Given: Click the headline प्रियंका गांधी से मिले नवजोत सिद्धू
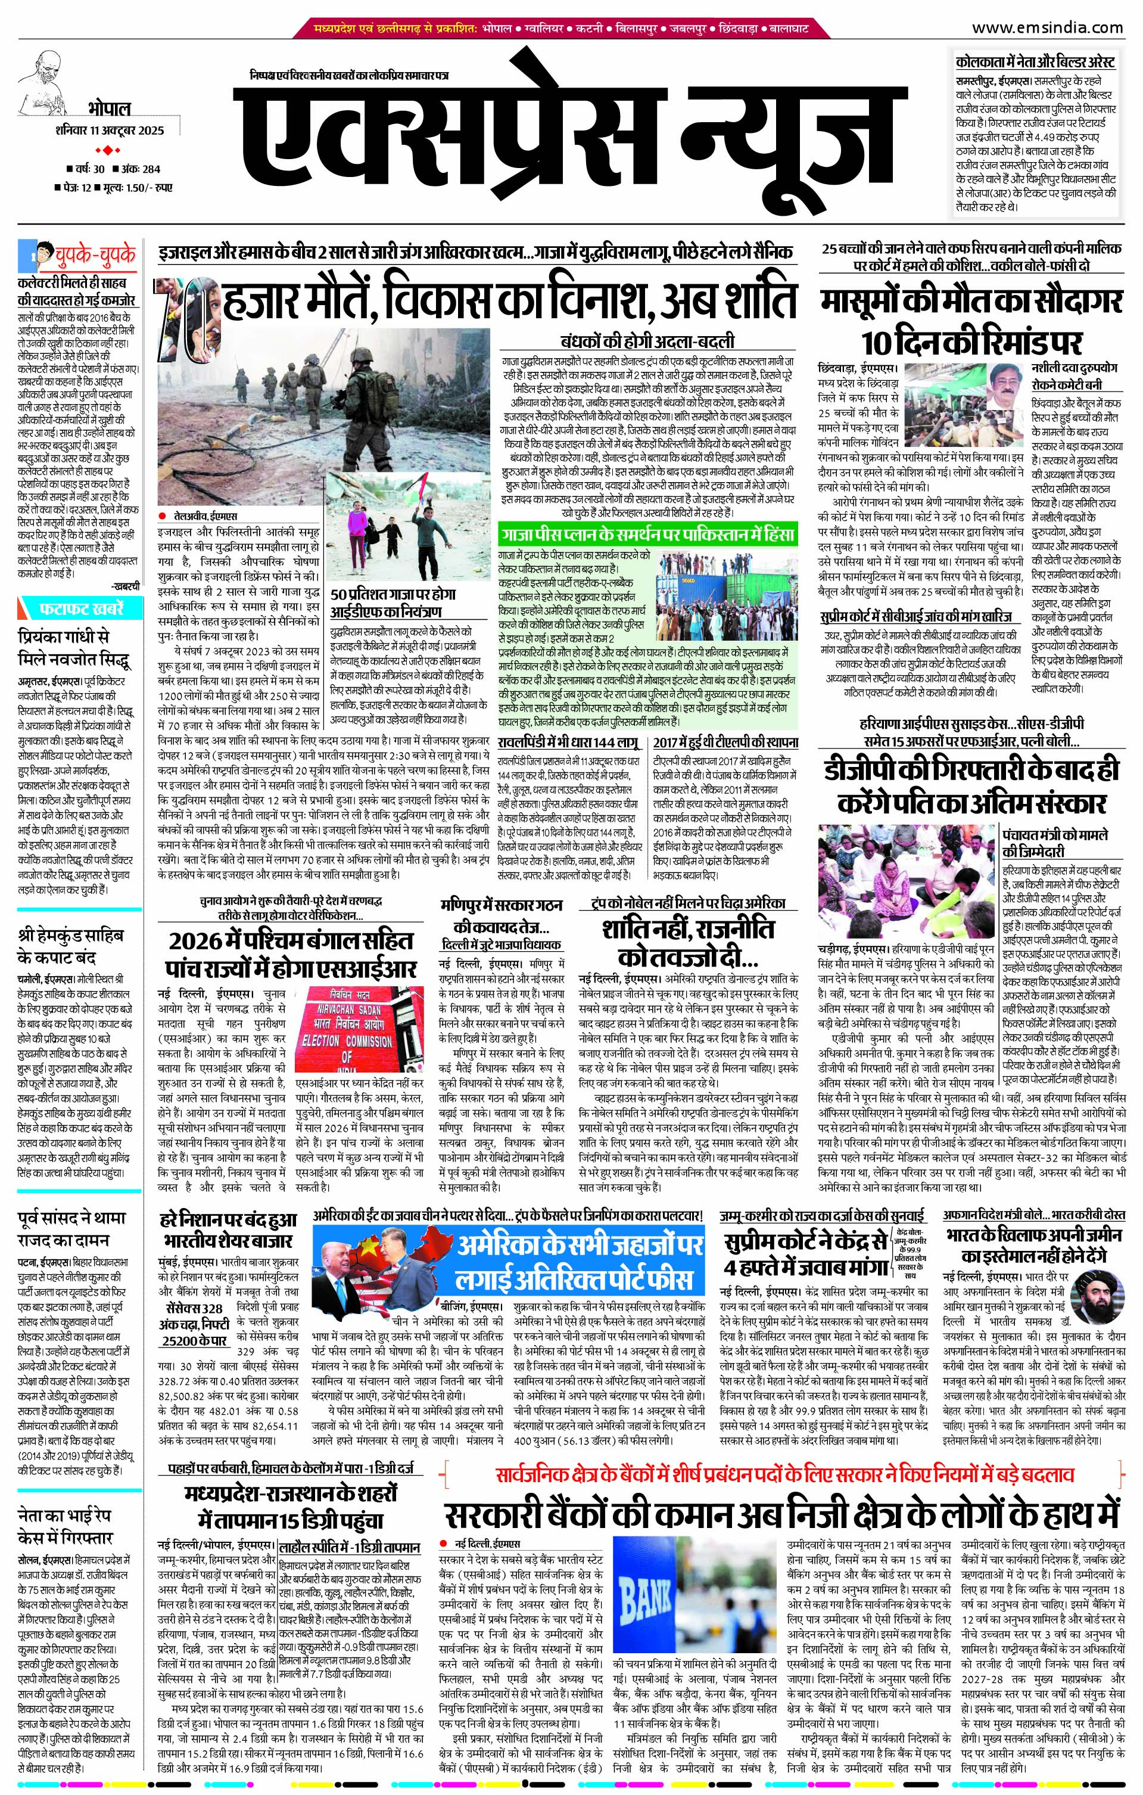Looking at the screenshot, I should coord(74,648).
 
